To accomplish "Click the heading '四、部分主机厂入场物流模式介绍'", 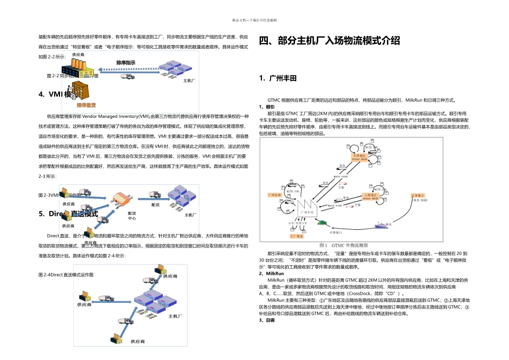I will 329,41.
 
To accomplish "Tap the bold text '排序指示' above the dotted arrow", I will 126,63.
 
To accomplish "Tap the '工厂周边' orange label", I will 296,236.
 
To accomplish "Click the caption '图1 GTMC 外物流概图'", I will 344,245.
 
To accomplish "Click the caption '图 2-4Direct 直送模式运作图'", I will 66,274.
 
